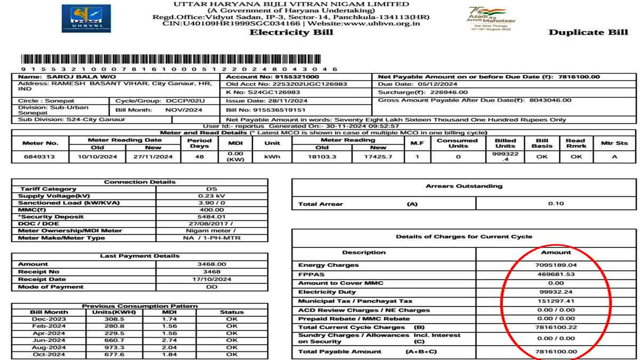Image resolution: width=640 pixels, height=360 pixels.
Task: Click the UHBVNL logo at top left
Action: [x=86, y=18]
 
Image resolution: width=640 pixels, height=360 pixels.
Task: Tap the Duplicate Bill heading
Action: [x=588, y=33]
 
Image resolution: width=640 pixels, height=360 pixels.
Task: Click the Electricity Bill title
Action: [x=291, y=32]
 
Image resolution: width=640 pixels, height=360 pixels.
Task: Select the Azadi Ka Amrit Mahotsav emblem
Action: [x=490, y=19]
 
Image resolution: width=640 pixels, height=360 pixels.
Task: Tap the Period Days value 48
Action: [x=199, y=157]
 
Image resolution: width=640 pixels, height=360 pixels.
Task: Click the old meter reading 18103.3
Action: [x=322, y=157]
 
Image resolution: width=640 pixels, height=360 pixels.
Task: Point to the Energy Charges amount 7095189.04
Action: [x=556, y=265]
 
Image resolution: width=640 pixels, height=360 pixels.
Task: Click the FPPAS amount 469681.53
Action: [x=556, y=274]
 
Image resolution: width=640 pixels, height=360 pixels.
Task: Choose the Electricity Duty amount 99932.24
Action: [x=556, y=292]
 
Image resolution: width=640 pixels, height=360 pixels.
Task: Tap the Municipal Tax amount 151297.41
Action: [x=556, y=301]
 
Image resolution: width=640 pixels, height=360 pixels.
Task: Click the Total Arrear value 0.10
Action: [x=556, y=204]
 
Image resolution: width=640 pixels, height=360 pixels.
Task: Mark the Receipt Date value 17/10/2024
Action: [x=212, y=279]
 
